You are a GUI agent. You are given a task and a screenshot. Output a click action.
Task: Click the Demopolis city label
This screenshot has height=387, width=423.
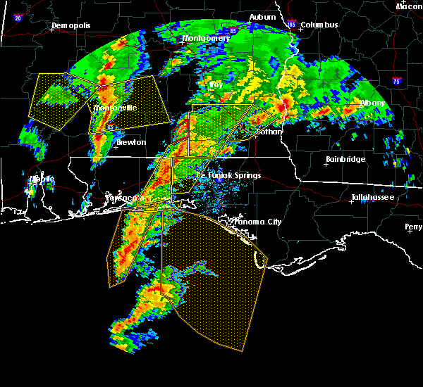point(71,26)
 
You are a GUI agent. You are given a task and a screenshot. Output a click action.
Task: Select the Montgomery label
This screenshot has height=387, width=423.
point(206,38)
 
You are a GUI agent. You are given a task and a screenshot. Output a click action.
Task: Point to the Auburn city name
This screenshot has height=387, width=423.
point(262,16)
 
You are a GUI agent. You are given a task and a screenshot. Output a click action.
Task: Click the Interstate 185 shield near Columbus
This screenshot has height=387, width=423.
point(292,25)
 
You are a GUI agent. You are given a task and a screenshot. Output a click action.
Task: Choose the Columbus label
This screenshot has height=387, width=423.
point(319,25)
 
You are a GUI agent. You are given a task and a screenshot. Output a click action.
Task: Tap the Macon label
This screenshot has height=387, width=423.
point(409,6)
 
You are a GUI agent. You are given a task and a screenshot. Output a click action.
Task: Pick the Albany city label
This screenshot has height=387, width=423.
point(372,103)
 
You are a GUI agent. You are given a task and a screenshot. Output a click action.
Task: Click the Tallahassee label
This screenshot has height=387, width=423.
point(373,198)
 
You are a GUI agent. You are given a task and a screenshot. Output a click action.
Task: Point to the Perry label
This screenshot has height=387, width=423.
point(414,227)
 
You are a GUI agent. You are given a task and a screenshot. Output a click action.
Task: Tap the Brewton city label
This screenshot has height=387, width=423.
point(131,142)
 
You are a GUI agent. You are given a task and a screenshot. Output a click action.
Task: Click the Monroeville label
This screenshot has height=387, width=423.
point(115,108)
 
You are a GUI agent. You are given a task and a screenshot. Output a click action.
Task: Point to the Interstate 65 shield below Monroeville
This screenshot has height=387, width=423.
point(111,127)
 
